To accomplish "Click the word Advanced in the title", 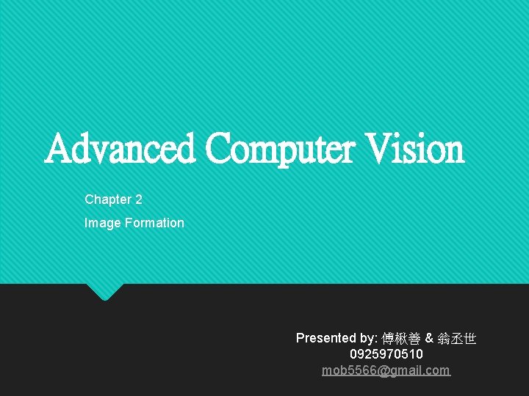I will click(x=120, y=149).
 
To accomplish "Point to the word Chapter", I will click(x=107, y=199).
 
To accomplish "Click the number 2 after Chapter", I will click(x=138, y=199).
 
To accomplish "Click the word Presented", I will click(x=325, y=338).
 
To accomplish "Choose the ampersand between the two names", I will click(x=430, y=338).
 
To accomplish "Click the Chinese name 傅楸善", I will click(x=401, y=339).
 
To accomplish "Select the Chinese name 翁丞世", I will click(x=457, y=339).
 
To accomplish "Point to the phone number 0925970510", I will click(x=386, y=354).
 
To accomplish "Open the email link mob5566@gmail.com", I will click(x=386, y=370).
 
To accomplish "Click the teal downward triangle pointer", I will click(x=104, y=291).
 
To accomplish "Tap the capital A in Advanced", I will click(x=58, y=149).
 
